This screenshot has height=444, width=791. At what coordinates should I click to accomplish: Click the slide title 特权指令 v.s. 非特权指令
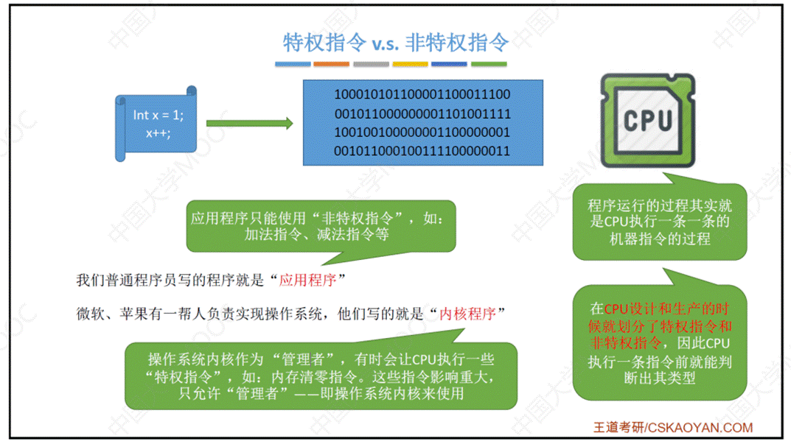[x=396, y=43]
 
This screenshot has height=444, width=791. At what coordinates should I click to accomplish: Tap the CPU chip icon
[x=647, y=119]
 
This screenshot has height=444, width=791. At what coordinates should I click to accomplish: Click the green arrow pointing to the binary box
[x=249, y=123]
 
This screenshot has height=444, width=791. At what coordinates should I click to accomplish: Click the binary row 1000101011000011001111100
[x=422, y=95]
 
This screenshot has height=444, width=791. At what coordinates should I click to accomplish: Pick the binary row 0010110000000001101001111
[x=422, y=114]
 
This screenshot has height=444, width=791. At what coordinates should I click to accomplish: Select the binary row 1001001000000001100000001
[x=422, y=133]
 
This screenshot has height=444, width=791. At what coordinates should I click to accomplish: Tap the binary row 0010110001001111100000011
[x=422, y=152]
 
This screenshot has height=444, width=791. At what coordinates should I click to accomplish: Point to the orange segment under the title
[x=332, y=65]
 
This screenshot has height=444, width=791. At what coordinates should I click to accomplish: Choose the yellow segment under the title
[x=410, y=65]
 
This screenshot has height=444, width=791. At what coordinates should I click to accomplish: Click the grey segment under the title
[x=371, y=65]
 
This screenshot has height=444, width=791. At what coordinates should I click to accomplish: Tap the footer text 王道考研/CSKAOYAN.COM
[x=673, y=427]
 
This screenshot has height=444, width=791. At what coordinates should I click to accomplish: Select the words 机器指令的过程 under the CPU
[x=660, y=239]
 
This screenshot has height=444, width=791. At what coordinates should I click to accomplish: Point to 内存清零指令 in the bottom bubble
[x=307, y=376]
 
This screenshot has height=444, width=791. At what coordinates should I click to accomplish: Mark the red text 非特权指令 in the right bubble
[x=618, y=342]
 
